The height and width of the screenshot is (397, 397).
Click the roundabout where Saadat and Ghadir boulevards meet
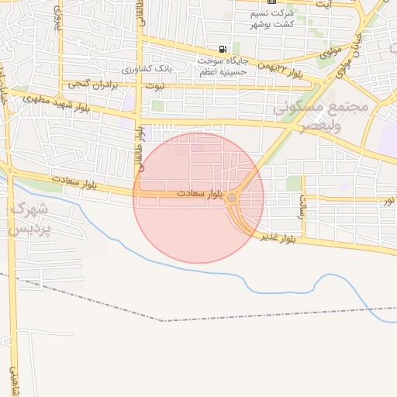click(x=232, y=199)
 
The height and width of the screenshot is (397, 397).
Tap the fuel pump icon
click(x=223, y=50)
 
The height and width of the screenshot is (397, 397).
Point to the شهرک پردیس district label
click(x=29, y=219)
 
